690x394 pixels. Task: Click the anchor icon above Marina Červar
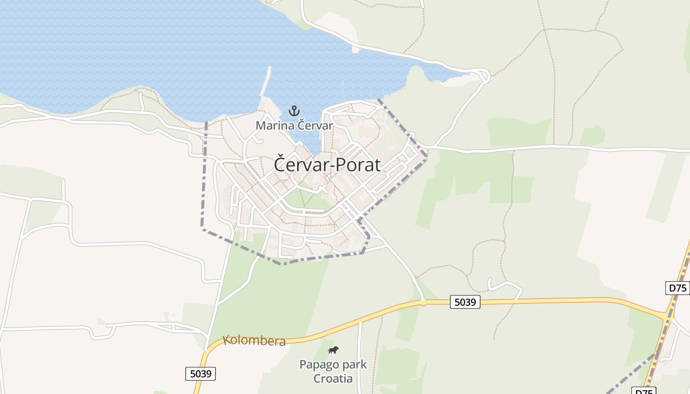point(294,111)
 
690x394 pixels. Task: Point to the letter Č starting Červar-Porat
point(279,164)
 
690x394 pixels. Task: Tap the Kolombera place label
point(254,340)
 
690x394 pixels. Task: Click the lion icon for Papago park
point(334,350)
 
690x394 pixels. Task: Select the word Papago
point(320,365)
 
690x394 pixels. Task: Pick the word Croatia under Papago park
point(333,379)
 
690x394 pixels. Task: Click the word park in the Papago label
point(356,365)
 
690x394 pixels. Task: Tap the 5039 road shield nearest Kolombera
point(201,374)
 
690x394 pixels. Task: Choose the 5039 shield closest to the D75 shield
point(465,302)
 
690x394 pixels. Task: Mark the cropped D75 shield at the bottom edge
point(644,391)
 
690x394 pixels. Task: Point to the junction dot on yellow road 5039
point(422,302)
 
